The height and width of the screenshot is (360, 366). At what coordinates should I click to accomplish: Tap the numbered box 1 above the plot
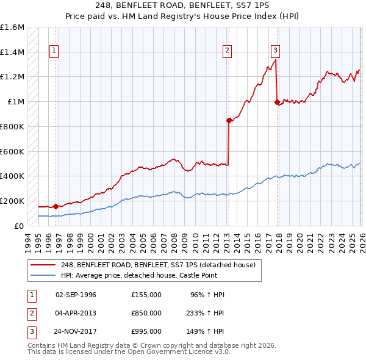click(x=54, y=51)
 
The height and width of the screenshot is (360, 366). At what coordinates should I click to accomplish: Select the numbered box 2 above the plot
click(x=227, y=51)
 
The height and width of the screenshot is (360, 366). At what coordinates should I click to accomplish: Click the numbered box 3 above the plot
click(x=276, y=51)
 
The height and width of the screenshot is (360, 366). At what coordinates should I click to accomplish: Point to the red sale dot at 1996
click(x=56, y=206)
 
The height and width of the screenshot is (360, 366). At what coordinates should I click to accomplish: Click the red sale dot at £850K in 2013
click(x=229, y=120)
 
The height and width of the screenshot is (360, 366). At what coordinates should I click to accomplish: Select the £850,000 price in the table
click(x=146, y=313)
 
